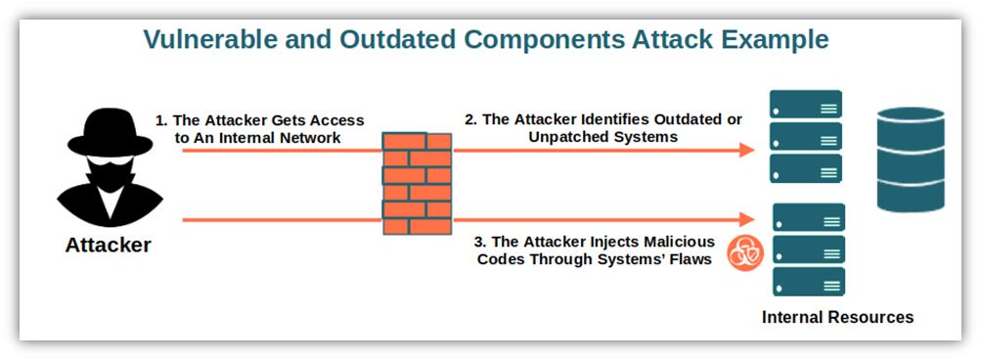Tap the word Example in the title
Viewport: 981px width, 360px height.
(773, 39)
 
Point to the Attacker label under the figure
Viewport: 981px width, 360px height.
(108, 245)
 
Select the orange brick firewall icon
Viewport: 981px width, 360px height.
(417, 184)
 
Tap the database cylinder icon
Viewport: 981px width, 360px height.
(911, 159)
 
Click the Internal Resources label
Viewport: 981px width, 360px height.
(837, 317)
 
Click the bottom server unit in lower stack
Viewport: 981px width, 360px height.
(808, 282)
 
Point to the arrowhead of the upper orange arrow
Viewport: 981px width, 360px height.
(748, 151)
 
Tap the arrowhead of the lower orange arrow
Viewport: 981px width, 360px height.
(748, 220)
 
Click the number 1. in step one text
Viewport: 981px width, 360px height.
(161, 120)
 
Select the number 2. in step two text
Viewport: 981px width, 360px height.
(470, 119)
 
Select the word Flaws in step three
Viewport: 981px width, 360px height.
(689, 260)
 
